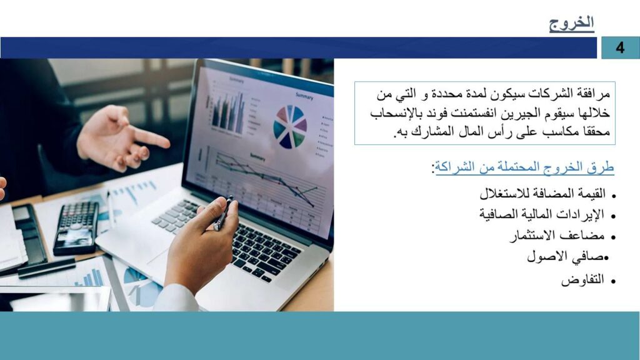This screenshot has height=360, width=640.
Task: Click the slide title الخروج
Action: tap(571, 23)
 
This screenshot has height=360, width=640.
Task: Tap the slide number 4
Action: tap(620, 47)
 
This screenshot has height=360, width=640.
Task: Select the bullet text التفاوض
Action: tap(582, 280)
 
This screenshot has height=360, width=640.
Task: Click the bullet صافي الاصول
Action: tap(565, 257)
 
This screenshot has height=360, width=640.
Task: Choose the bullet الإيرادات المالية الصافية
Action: tap(542, 214)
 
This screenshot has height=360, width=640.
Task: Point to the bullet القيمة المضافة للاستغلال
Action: tap(542, 193)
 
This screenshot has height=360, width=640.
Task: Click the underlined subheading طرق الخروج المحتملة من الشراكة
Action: tap(524, 167)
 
